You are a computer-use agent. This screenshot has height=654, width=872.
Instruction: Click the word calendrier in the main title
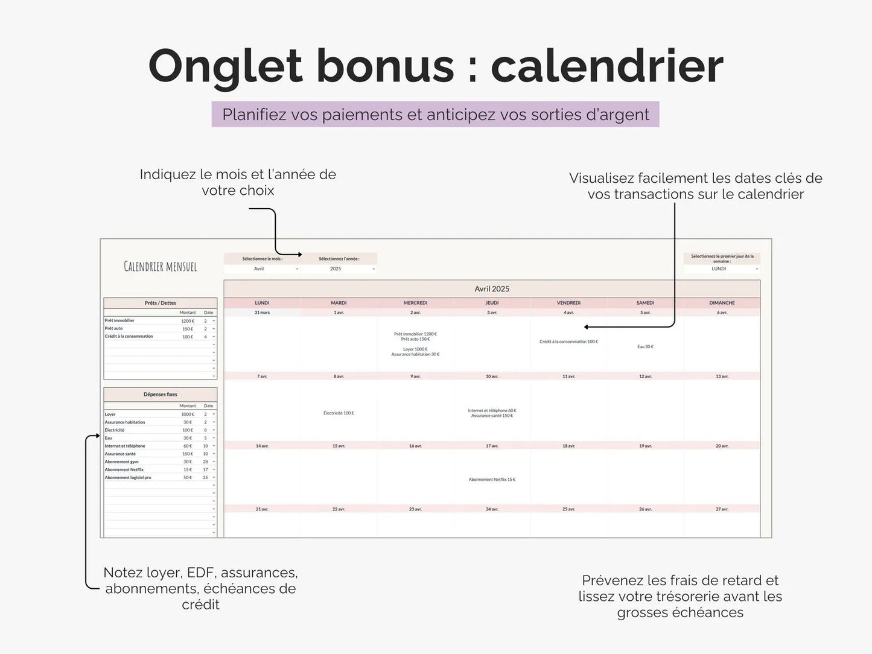[x=606, y=66]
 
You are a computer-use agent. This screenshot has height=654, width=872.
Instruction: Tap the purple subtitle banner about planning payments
[x=435, y=115]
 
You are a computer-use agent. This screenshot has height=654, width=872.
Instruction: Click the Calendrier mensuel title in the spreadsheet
[x=161, y=267]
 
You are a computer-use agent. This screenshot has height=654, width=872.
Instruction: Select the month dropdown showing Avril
[x=263, y=269]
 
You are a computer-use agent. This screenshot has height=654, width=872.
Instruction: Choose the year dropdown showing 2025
[x=339, y=269]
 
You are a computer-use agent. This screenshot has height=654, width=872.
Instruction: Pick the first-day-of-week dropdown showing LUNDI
[x=722, y=269]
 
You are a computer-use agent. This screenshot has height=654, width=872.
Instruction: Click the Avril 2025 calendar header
[x=492, y=289]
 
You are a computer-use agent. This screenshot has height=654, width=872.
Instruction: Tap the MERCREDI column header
[x=415, y=303]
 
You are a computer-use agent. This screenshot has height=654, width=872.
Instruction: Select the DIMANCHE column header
[x=722, y=303]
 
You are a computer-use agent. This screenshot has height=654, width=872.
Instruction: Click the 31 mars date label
[x=262, y=313]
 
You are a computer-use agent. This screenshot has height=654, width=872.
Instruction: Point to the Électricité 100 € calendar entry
[x=339, y=413]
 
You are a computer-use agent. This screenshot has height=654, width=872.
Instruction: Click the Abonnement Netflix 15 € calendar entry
[x=492, y=480]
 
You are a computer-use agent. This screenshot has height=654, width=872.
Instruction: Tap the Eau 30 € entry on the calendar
[x=645, y=347]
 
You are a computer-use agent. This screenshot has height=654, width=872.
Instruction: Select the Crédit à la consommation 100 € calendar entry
[x=568, y=341]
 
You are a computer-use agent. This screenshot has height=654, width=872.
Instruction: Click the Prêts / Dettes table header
[x=161, y=303]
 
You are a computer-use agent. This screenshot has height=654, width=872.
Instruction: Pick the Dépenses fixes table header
[x=161, y=395]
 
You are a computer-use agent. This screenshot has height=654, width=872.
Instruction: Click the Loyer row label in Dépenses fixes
[x=110, y=414]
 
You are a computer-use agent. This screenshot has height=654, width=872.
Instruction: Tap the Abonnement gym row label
[x=122, y=462]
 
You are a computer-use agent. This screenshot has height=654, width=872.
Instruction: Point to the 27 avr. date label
[x=722, y=509]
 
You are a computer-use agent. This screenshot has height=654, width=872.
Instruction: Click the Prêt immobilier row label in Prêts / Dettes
[x=119, y=320]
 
